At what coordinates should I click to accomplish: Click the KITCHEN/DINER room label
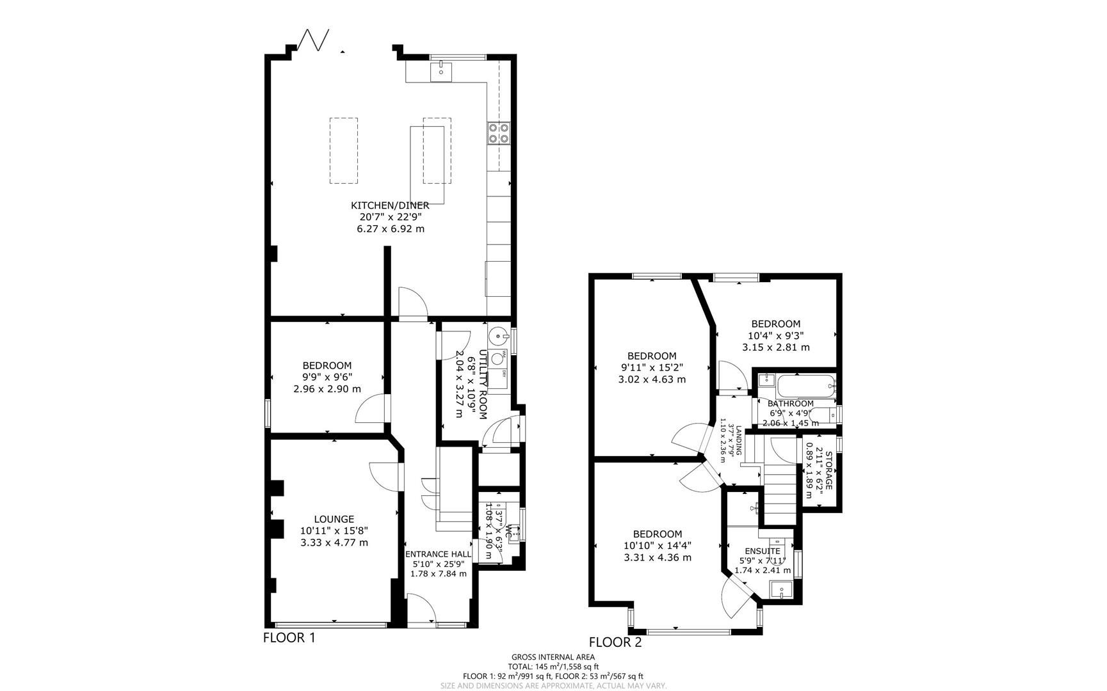(x=389, y=205)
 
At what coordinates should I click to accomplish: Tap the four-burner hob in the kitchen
(x=498, y=132)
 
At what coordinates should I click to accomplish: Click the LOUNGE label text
(x=334, y=520)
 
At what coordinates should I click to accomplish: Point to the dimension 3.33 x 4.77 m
(x=334, y=543)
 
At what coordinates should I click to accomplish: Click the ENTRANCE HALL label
(x=438, y=554)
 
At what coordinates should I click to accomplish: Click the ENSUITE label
(x=762, y=551)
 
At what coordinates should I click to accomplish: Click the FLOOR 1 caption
(x=289, y=638)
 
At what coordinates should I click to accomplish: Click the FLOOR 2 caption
(x=615, y=642)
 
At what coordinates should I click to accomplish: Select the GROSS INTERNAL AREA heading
(x=553, y=657)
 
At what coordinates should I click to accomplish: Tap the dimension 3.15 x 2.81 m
(x=775, y=347)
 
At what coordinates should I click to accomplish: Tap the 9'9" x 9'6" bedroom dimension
(x=327, y=377)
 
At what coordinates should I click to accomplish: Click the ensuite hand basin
(x=780, y=590)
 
